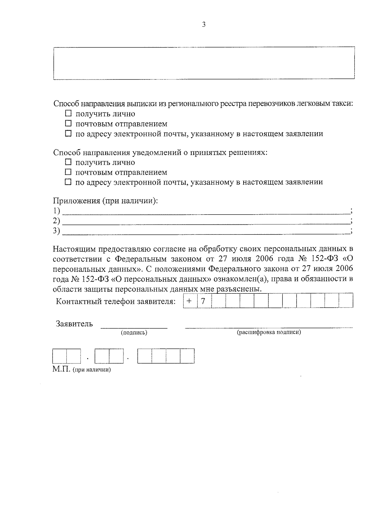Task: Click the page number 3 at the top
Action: [203, 25]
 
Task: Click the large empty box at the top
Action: [204, 63]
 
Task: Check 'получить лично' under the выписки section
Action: [68, 114]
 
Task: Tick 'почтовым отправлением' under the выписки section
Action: [68, 124]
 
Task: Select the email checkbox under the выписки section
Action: [68, 134]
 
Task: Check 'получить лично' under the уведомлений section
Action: [68, 162]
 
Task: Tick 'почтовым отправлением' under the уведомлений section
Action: [68, 172]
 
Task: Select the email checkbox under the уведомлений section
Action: [68, 182]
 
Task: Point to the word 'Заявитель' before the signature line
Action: [74, 324]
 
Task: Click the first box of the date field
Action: [60, 356]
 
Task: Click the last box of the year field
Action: [187, 356]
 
